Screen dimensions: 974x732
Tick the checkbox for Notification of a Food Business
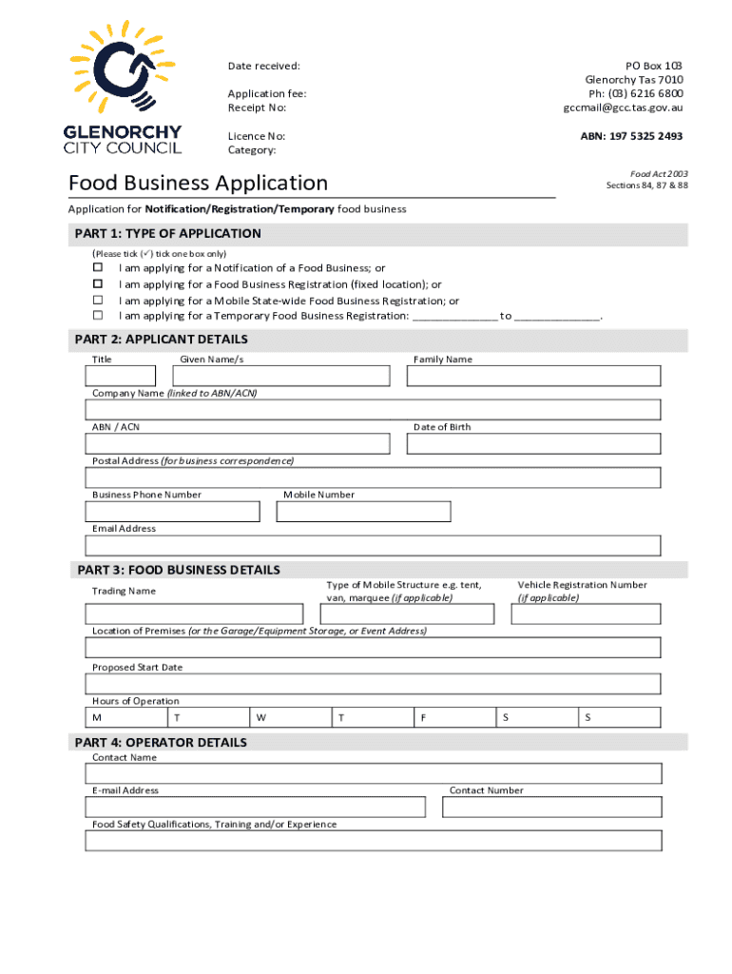[97, 268]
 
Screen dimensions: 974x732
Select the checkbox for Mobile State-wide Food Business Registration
[97, 300]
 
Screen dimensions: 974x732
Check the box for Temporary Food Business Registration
[97, 315]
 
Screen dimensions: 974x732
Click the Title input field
[122, 376]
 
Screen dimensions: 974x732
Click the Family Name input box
[533, 376]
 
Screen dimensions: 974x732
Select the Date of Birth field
[533, 444]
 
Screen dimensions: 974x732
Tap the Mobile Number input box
[363, 512]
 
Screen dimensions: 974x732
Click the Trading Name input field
[195, 614]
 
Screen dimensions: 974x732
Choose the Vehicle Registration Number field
[586, 614]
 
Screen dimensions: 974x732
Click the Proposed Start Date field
[374, 684]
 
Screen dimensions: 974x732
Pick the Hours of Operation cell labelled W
[290, 718]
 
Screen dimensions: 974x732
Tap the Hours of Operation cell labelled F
[454, 718]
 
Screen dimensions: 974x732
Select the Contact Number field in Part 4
[552, 808]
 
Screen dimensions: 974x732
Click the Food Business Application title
[198, 183]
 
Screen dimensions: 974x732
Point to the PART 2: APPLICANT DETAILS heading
[161, 340]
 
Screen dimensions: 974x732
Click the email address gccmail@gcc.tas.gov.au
[623, 107]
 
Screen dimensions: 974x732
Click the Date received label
[263, 66]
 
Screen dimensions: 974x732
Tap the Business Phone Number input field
[172, 512]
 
